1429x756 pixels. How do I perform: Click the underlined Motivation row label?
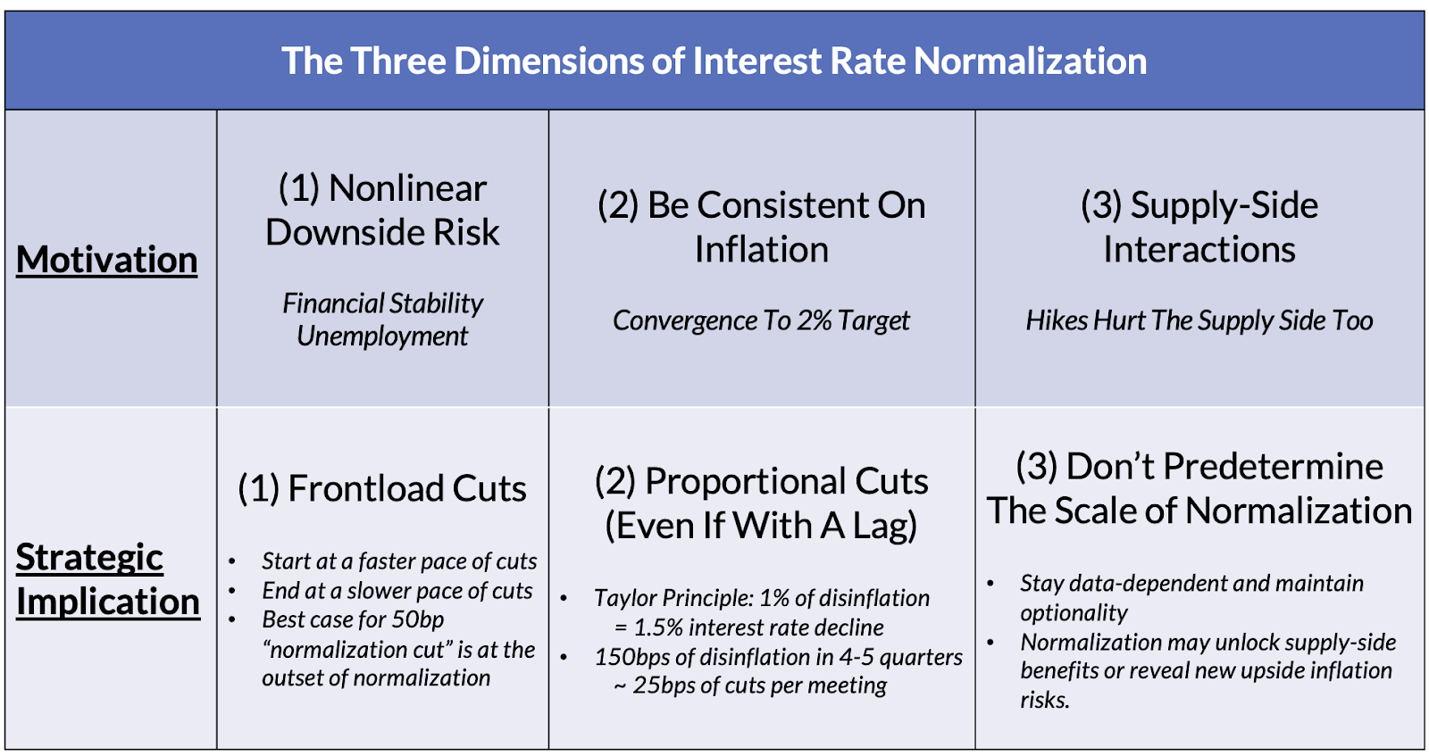(x=106, y=260)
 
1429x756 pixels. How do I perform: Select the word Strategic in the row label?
(x=89, y=558)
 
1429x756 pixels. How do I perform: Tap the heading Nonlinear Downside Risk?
(x=382, y=210)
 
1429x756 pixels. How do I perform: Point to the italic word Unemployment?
(x=382, y=336)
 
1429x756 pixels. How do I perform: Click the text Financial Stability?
(x=382, y=303)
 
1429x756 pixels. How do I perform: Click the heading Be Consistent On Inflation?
(x=761, y=227)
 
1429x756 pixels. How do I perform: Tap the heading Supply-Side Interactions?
(x=1199, y=227)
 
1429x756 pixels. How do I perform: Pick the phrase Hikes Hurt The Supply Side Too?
(x=1199, y=320)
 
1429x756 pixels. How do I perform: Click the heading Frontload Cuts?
(x=382, y=489)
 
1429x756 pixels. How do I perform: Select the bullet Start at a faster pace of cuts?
(x=399, y=561)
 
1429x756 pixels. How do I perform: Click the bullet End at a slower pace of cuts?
(x=397, y=590)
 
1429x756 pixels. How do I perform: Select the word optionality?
(x=1074, y=613)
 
